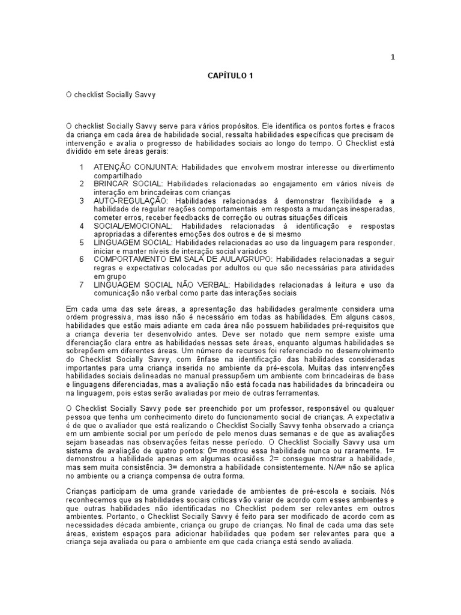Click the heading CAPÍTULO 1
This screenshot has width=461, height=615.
pyautogui.click(x=231, y=76)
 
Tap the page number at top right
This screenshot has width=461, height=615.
pyautogui.click(x=393, y=57)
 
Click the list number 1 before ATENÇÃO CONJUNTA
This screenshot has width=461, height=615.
pyautogui.click(x=82, y=166)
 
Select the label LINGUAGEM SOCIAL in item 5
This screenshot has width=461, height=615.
pyautogui.click(x=133, y=242)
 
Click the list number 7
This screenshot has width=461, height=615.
pyautogui.click(x=82, y=284)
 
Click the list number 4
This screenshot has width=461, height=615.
pyautogui.click(x=82, y=225)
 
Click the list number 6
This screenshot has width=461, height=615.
pyautogui.click(x=82, y=259)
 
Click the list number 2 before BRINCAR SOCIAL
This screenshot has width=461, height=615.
pyautogui.click(x=82, y=183)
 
